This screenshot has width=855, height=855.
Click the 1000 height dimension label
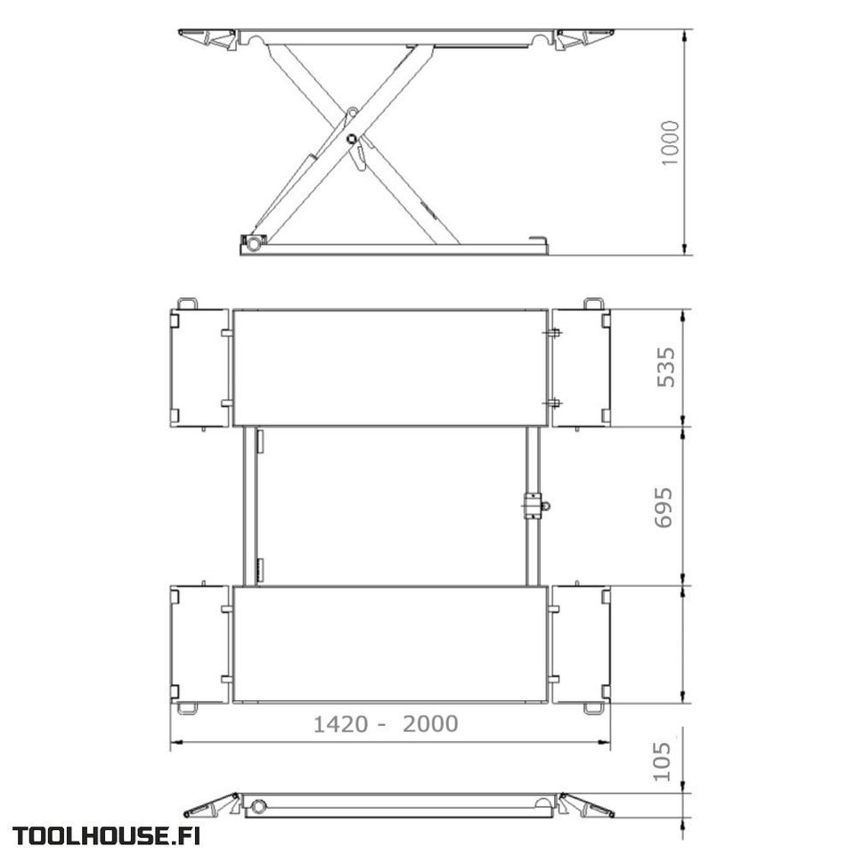(671, 142)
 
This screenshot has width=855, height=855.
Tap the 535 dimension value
(666, 367)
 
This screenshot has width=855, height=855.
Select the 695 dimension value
(664, 507)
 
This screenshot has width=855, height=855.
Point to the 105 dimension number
(662, 761)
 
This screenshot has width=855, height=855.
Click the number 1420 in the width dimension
(341, 724)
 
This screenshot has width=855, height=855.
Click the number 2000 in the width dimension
(430, 724)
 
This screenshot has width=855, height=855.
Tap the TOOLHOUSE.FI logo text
(106, 836)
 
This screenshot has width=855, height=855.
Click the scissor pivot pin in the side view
(351, 139)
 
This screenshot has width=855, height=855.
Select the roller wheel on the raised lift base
(253, 243)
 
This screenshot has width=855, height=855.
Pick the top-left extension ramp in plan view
(199, 368)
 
